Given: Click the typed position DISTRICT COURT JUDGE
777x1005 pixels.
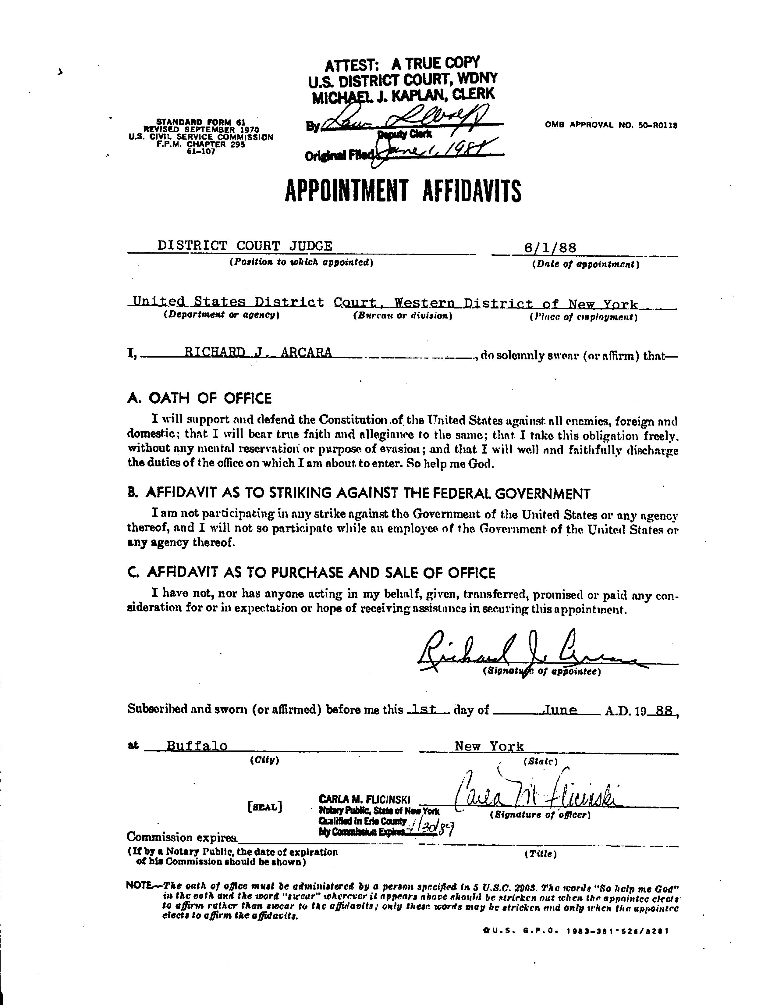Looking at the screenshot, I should click(x=244, y=245).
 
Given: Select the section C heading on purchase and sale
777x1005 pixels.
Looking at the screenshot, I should click(x=311, y=573).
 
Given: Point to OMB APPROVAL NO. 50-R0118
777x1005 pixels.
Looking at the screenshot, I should click(x=611, y=124).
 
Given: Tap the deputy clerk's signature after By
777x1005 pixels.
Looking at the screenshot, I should click(x=407, y=121).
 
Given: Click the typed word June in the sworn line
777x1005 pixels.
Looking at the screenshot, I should click(x=560, y=710).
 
